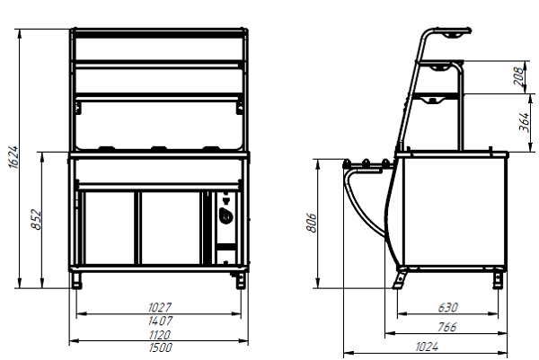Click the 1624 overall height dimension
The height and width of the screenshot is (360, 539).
[x=13, y=156]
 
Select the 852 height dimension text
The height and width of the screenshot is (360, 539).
[x=36, y=219]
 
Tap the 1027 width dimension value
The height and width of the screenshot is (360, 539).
[x=160, y=307]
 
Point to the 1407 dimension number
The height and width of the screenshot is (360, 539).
[x=160, y=320]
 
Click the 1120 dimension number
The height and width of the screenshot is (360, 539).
[x=160, y=335]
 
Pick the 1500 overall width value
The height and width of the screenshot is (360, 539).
[x=160, y=347]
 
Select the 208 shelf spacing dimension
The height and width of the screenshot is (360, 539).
[x=519, y=76]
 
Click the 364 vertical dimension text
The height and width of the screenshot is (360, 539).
[x=524, y=121]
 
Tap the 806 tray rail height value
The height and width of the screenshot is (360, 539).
[x=311, y=223]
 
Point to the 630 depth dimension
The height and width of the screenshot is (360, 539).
[x=448, y=307]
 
